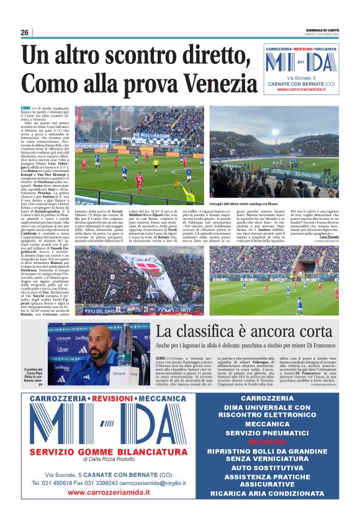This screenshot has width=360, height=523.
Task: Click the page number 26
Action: [x=25, y=33]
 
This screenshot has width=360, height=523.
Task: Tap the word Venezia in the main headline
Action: [x=213, y=83]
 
